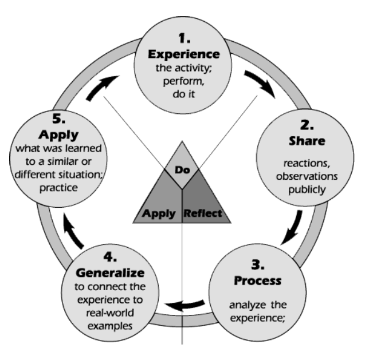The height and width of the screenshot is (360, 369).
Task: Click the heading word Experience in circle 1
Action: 184,56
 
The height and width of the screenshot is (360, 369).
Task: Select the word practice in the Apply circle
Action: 57,187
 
